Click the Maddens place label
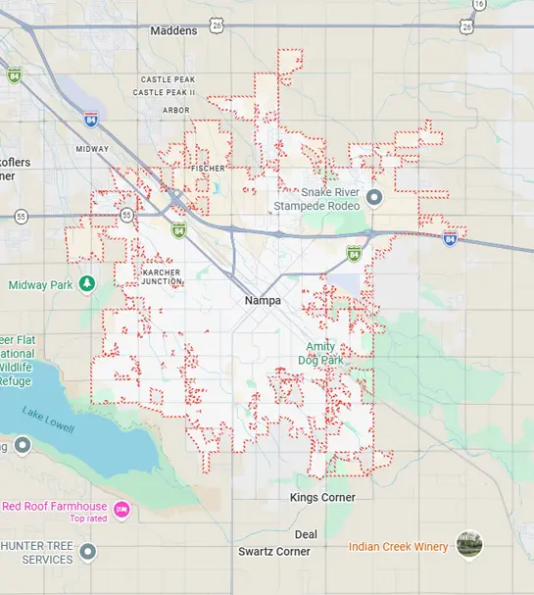point(173,31)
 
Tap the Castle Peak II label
point(166,92)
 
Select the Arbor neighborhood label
point(176,111)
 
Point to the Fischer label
point(209,169)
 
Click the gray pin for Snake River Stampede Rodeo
point(373,199)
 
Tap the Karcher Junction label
point(162,276)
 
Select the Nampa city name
point(264,300)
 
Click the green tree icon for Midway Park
point(87,284)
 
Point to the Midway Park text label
point(41,285)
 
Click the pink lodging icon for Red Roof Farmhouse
point(121,508)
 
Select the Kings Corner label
point(322,498)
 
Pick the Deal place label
point(306,534)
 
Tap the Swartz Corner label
point(274,552)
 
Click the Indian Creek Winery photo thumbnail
point(469,545)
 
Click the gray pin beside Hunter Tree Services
point(88,552)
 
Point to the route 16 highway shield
point(479,5)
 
